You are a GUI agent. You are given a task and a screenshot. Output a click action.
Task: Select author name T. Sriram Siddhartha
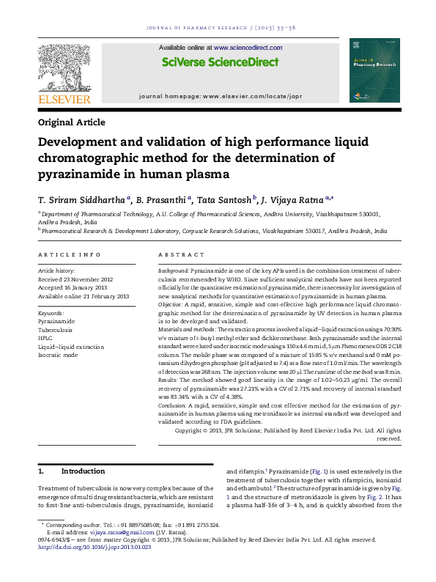point(81,199)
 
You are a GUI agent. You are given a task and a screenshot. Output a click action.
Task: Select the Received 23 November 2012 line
point(75,278)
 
